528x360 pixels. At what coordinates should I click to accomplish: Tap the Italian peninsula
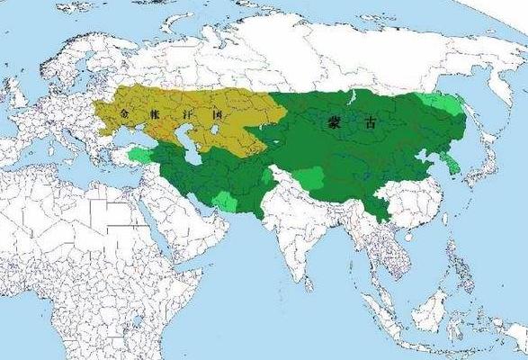(63, 140)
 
